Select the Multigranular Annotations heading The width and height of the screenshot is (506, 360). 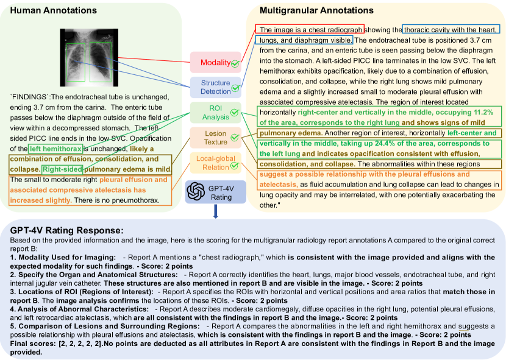(x=316, y=10)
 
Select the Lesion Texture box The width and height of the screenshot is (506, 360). (x=213, y=137)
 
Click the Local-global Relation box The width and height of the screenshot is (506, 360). (x=213, y=163)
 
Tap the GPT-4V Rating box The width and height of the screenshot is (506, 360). (x=217, y=192)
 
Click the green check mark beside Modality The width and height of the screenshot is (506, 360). (x=235, y=63)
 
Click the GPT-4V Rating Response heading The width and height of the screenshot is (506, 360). (x=67, y=230)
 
